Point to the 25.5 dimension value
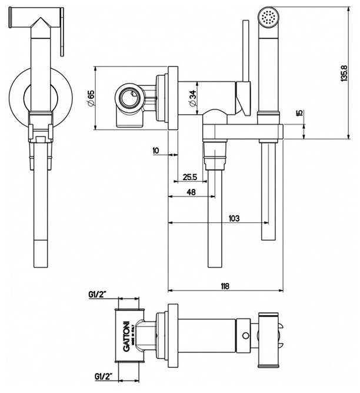[189, 176]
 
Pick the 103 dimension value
[234, 218]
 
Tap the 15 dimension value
[299, 112]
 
